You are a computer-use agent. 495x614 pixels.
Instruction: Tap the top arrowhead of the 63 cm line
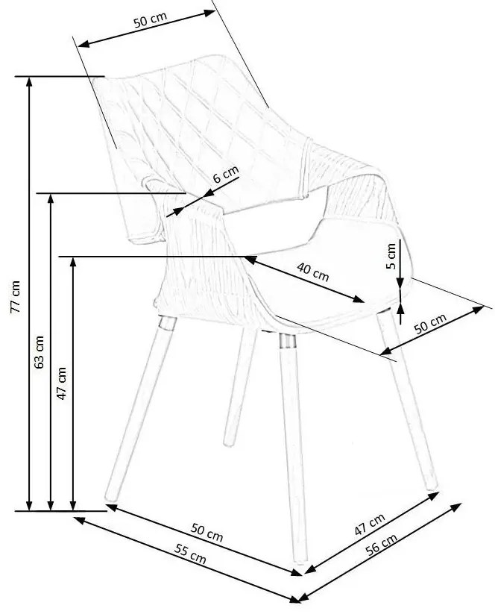[x=51, y=200]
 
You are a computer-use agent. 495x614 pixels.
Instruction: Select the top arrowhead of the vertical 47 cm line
[x=73, y=262]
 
